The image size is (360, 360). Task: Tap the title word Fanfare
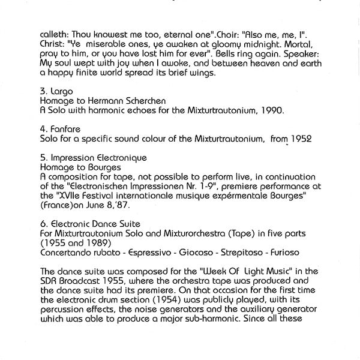click(x=65, y=129)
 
